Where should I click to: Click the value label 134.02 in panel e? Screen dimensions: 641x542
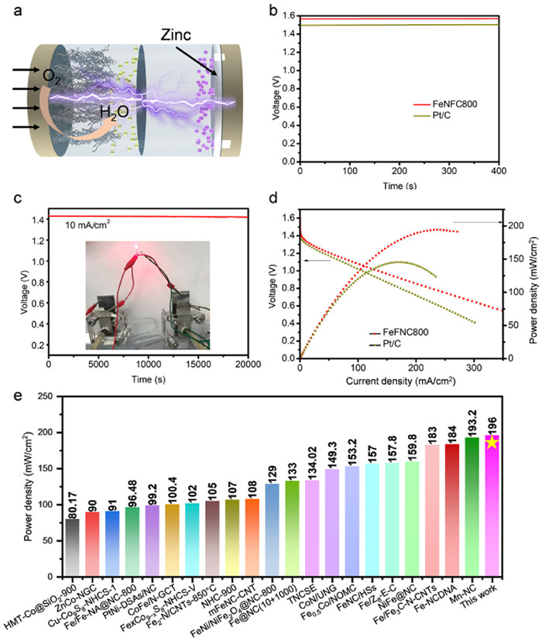point(312,472)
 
